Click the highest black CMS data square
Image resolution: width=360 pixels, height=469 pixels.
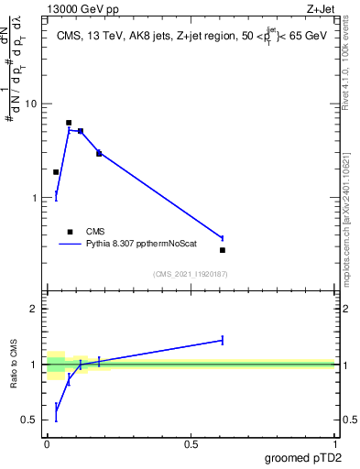point(69,123)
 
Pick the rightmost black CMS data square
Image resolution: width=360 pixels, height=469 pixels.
point(223,250)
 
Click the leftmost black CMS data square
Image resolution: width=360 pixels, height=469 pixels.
point(56,172)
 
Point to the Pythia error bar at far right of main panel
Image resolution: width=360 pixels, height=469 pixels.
point(223,238)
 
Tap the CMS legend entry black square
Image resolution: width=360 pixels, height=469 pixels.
point(70,232)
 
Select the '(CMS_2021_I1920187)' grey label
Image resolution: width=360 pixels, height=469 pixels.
point(190,274)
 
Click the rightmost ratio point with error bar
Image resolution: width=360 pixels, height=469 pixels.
point(223,340)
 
